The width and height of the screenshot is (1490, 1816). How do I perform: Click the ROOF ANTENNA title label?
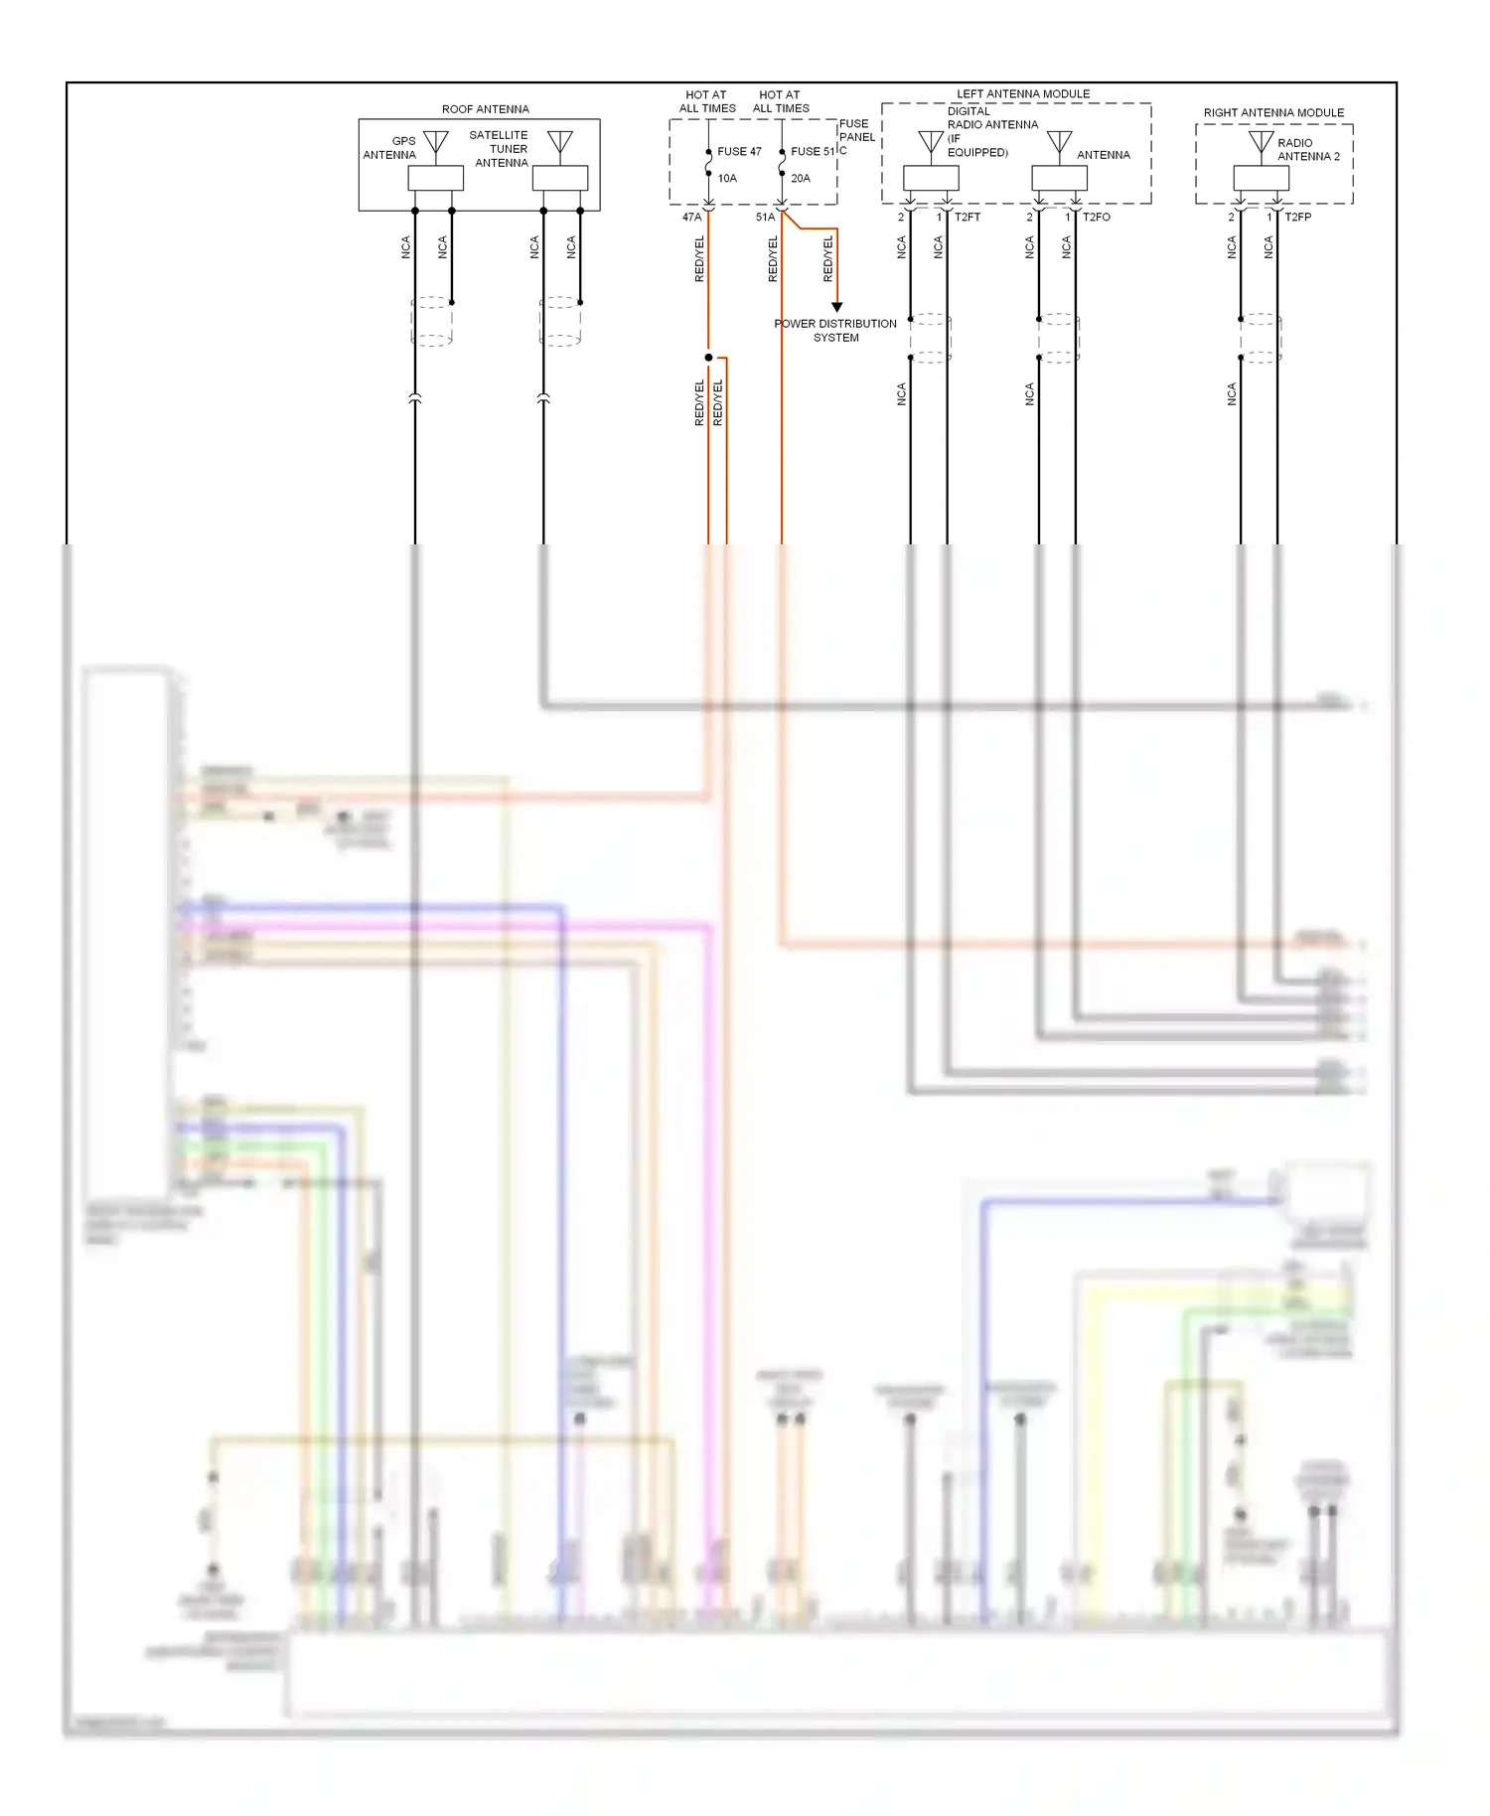pyautogui.click(x=485, y=109)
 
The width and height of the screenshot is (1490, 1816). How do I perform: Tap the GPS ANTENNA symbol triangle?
pyautogui.click(x=435, y=142)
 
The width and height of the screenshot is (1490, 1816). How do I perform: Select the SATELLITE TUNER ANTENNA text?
pyautogui.click(x=500, y=149)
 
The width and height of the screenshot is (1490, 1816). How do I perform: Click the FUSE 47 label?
pyautogui.click(x=739, y=152)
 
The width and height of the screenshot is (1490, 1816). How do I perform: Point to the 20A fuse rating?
pyautogui.click(x=801, y=179)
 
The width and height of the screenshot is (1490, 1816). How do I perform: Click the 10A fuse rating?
pyautogui.click(x=727, y=179)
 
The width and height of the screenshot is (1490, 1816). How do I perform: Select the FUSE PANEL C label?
pyautogui.click(x=856, y=137)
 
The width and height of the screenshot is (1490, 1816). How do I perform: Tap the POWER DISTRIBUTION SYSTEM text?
pyautogui.click(x=835, y=331)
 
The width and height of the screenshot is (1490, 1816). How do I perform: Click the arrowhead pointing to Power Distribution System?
pyautogui.click(x=836, y=307)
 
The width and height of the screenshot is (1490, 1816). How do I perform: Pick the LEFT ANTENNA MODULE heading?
pyautogui.click(x=1022, y=94)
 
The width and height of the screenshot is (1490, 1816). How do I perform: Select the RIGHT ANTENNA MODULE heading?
pyautogui.click(x=1273, y=113)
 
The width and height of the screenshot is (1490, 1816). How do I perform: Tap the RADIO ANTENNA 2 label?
pyautogui.click(x=1307, y=150)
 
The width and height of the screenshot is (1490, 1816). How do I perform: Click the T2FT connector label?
pyautogui.click(x=968, y=218)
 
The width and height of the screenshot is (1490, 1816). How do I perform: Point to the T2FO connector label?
pyautogui.click(x=1097, y=218)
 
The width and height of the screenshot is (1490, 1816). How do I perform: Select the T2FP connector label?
pyautogui.click(x=1297, y=218)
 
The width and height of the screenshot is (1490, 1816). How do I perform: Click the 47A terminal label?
pyautogui.click(x=691, y=218)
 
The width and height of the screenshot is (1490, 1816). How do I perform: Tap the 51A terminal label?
pyautogui.click(x=765, y=218)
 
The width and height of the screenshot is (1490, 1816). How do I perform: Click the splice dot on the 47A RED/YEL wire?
pyautogui.click(x=708, y=358)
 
